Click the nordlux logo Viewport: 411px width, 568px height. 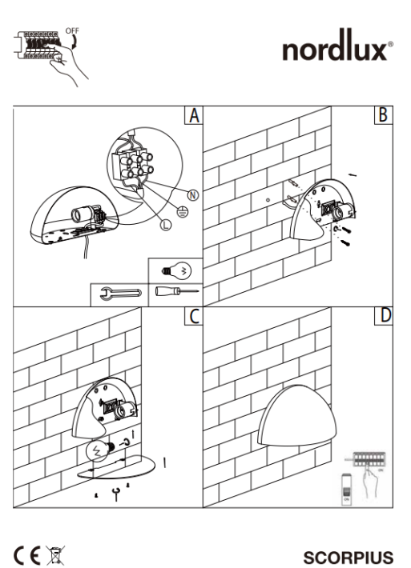click(337, 46)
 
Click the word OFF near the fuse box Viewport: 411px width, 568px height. click(72, 30)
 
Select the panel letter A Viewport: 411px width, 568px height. click(194, 115)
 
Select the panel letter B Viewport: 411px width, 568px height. click(383, 115)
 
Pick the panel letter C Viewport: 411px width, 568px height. click(195, 316)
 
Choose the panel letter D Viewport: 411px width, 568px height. click(385, 315)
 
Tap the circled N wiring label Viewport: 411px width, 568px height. click(193, 195)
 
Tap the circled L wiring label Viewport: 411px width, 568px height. click(165, 225)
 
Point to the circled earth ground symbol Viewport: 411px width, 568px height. click(183, 211)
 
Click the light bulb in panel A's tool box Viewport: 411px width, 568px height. click(176, 271)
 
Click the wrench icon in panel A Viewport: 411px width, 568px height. click(120, 294)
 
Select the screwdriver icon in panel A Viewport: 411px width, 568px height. click(177, 291)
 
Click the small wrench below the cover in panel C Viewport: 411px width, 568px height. click(116, 494)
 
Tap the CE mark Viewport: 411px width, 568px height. click(27, 555)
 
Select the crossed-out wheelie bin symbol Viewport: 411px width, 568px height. click(55, 555)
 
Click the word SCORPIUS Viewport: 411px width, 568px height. click(349, 558)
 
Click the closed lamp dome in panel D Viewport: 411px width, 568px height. click(297, 415)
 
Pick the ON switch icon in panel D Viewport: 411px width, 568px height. click(346, 490)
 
